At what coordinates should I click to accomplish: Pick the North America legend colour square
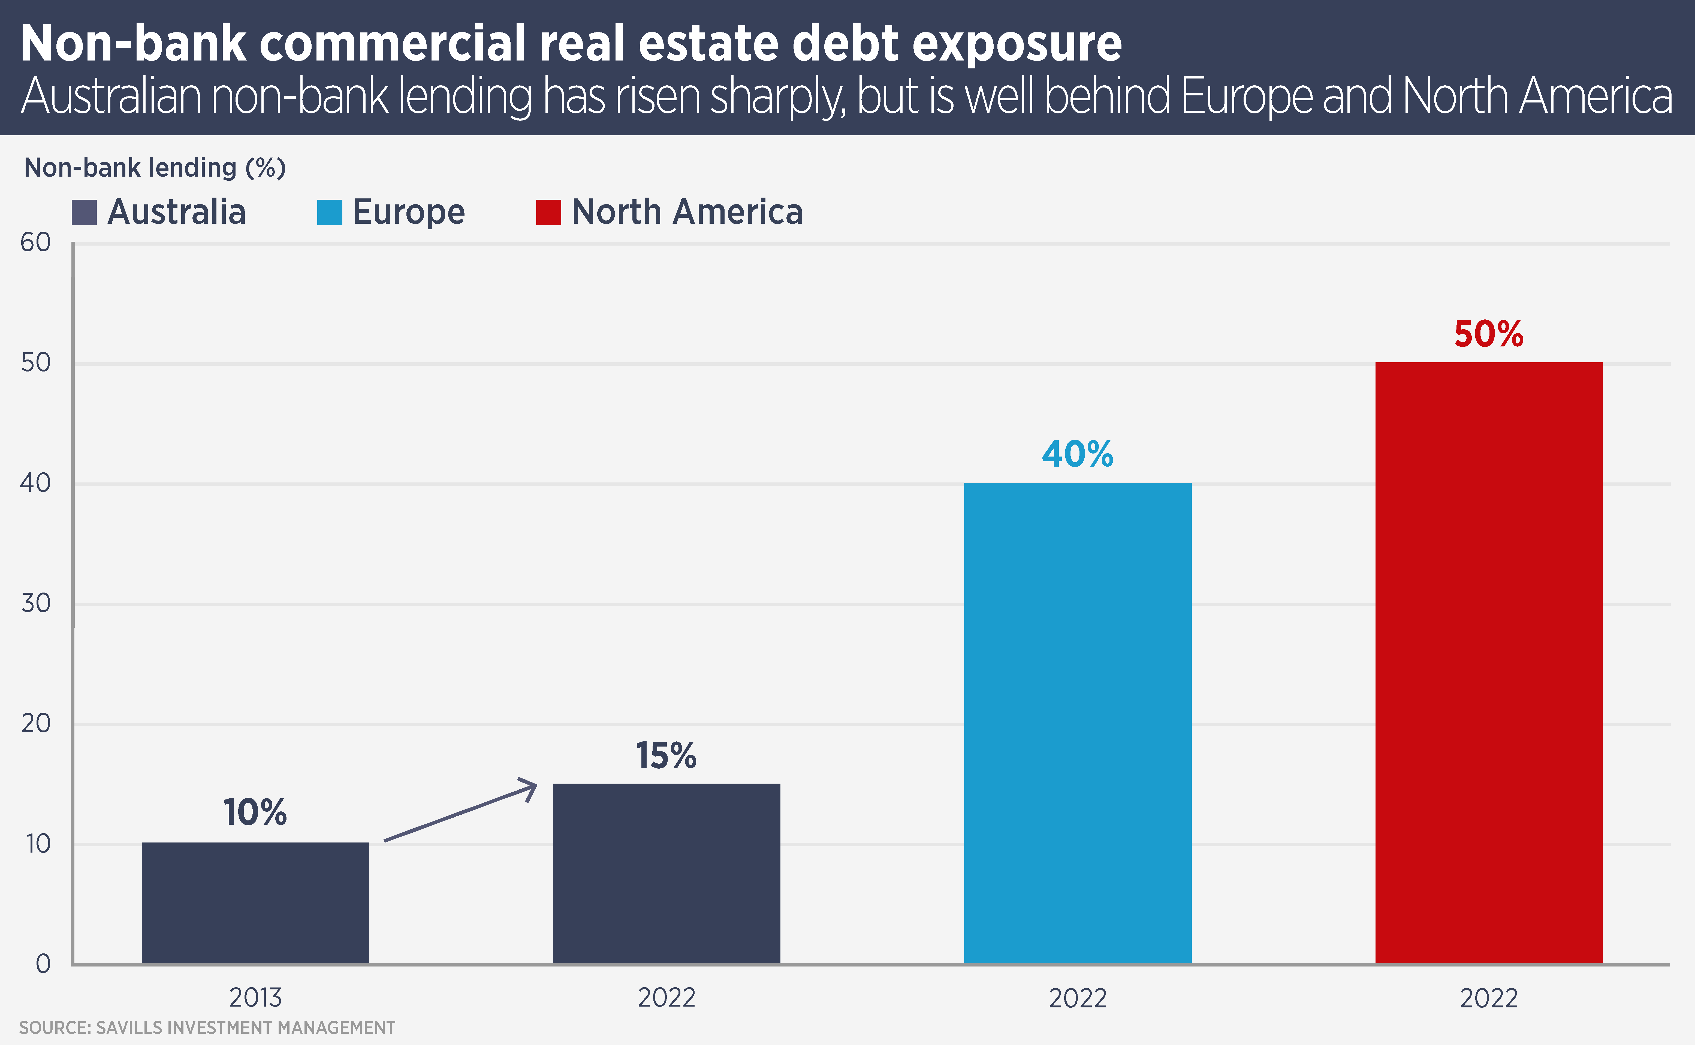click(548, 212)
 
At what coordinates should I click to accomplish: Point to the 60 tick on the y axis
click(36, 243)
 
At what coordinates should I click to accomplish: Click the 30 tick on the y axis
click(36, 603)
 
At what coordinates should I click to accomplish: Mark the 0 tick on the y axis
click(43, 964)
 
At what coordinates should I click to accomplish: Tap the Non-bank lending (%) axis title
click(155, 168)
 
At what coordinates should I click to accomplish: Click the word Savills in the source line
click(129, 1028)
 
